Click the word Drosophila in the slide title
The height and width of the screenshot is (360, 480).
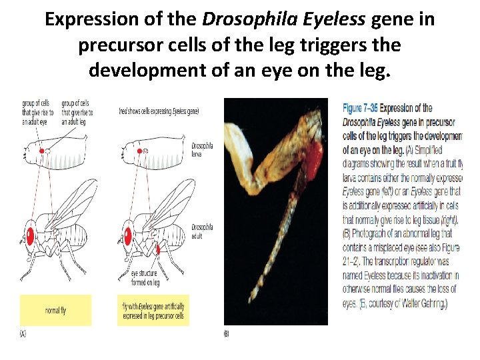(x=239, y=19)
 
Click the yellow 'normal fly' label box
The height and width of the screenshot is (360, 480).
(x=55, y=310)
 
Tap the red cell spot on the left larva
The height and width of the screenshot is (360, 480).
(x=42, y=151)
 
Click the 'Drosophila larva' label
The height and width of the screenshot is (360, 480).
(x=202, y=149)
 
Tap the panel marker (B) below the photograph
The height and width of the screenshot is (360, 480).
(x=226, y=333)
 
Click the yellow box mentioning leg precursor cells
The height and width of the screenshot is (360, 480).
(x=154, y=310)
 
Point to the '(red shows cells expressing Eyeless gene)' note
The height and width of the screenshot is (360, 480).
(x=158, y=111)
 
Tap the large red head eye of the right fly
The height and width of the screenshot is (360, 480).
(x=128, y=234)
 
